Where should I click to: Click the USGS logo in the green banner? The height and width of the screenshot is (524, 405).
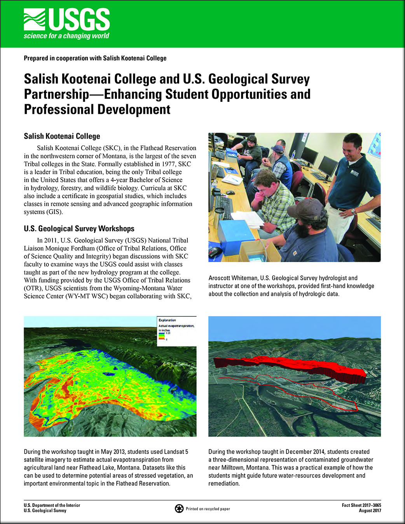point(66,20)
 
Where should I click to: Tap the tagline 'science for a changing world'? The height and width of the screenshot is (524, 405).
point(66,36)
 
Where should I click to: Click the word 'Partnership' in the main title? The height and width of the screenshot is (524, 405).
point(56,94)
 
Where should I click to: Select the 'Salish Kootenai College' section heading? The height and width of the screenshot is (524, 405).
point(62,136)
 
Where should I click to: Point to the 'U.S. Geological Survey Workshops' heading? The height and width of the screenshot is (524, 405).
point(79,229)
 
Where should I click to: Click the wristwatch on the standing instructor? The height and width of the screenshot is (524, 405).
point(354,212)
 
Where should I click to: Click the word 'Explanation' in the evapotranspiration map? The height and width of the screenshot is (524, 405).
point(167,320)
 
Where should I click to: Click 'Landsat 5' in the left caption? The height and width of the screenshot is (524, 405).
point(176,452)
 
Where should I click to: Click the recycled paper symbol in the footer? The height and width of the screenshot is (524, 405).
point(179,508)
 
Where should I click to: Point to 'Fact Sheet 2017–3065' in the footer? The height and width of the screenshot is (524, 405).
point(361,505)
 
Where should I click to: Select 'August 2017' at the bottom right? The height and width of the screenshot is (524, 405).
point(370,511)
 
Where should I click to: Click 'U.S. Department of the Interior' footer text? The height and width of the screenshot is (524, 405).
point(52,505)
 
